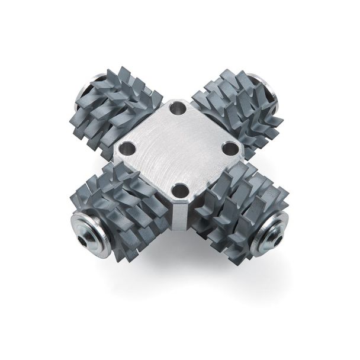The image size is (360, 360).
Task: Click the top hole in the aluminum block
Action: coord(177,108)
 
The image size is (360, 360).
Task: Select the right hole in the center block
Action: coord(229,149)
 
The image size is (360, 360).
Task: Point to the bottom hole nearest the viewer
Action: coord(181,191)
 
